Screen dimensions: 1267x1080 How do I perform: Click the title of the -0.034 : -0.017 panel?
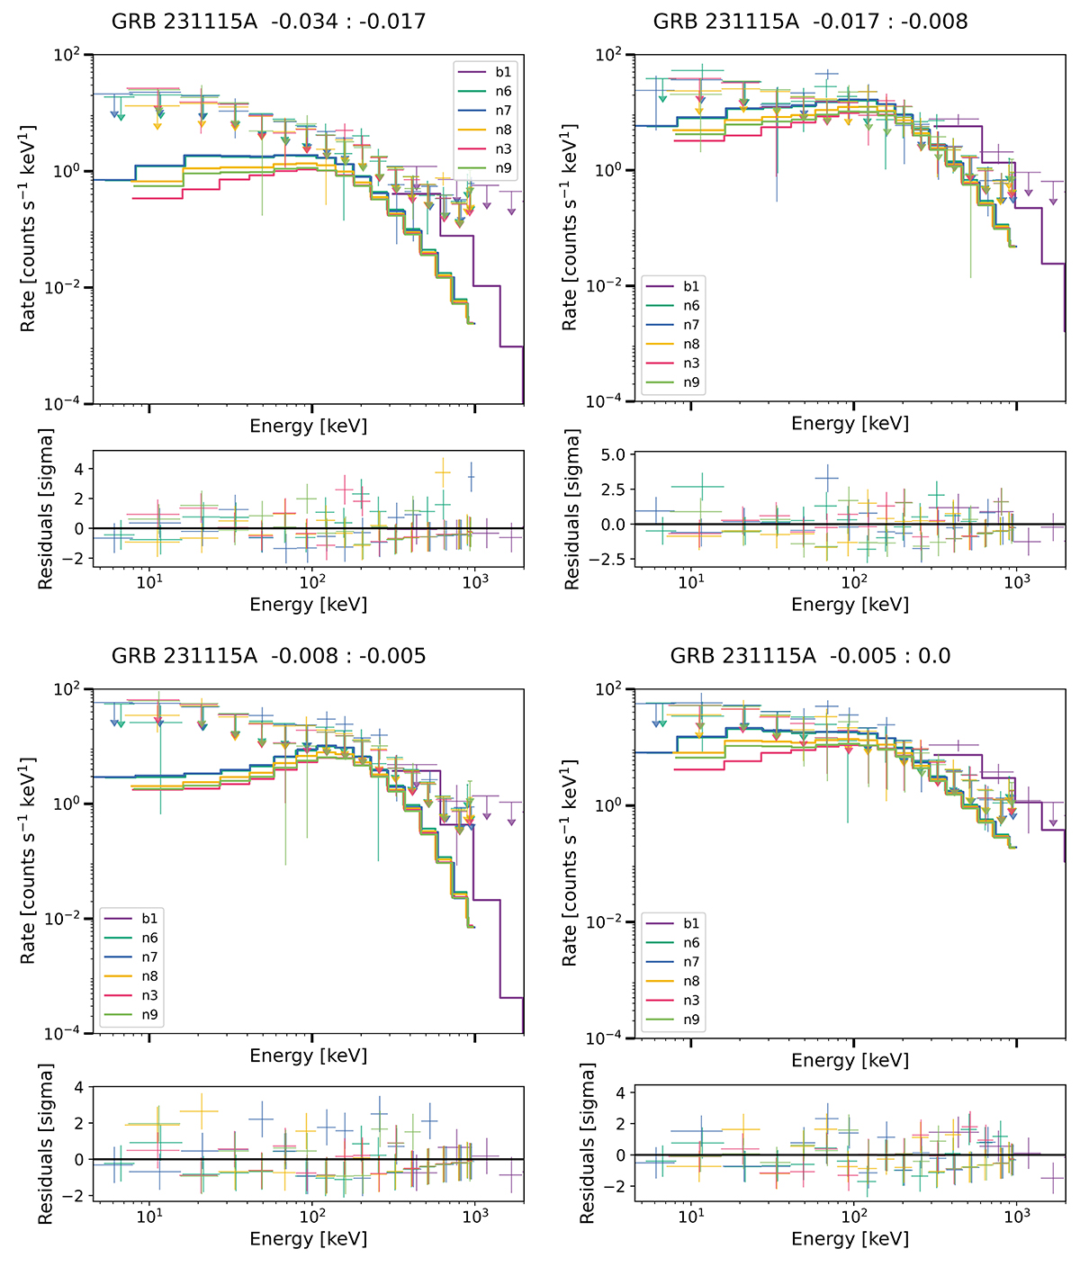[268, 22]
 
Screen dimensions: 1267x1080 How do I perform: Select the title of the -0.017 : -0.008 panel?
[810, 22]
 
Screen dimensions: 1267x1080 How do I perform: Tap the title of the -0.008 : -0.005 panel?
[268, 656]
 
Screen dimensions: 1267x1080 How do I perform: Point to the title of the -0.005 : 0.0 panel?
[810, 656]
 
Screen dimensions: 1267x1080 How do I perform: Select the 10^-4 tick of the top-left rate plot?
[69, 404]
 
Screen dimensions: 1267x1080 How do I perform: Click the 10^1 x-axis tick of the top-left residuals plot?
[149, 581]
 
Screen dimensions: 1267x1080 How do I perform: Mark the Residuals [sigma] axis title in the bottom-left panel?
[46, 1143]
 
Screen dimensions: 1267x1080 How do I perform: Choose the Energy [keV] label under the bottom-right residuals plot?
[850, 1239]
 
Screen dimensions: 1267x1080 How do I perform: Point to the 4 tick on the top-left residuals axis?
[79, 469]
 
